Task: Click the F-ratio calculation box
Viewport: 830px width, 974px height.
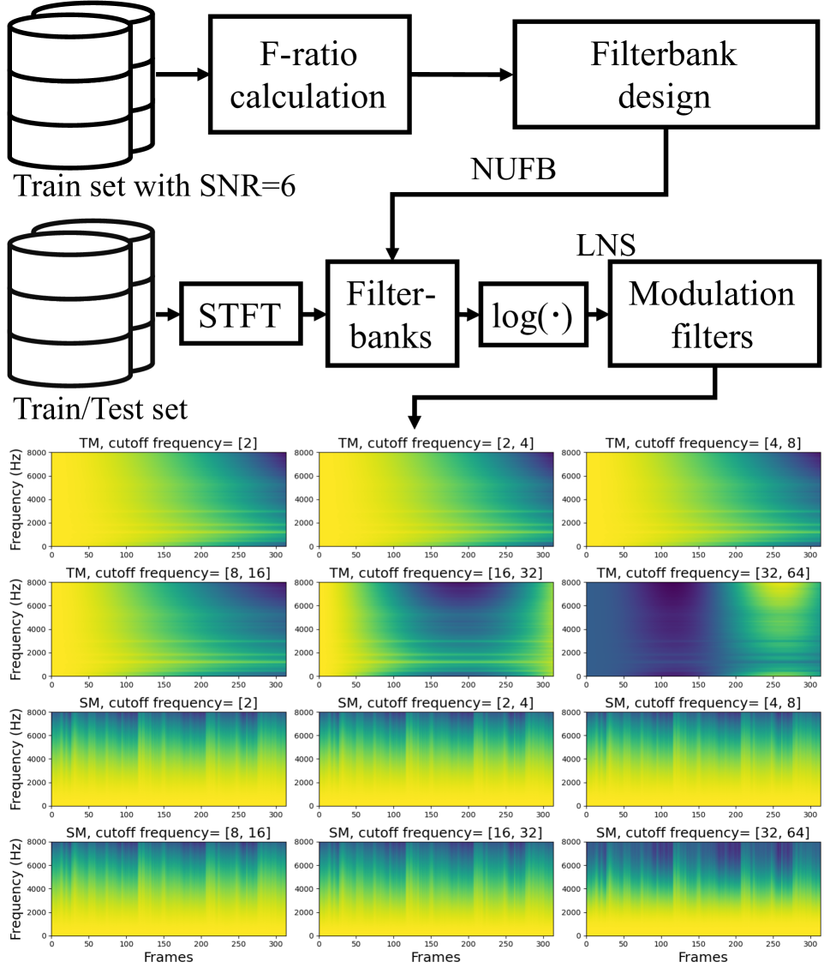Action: click(308, 75)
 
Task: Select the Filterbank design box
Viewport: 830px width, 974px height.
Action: click(665, 74)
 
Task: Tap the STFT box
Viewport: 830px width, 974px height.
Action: click(240, 315)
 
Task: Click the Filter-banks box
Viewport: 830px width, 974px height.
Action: click(391, 314)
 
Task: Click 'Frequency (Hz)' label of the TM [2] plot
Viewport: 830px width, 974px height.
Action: click(16, 499)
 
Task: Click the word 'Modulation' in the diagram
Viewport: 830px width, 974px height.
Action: click(712, 294)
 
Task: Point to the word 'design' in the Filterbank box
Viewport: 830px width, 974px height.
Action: click(665, 95)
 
